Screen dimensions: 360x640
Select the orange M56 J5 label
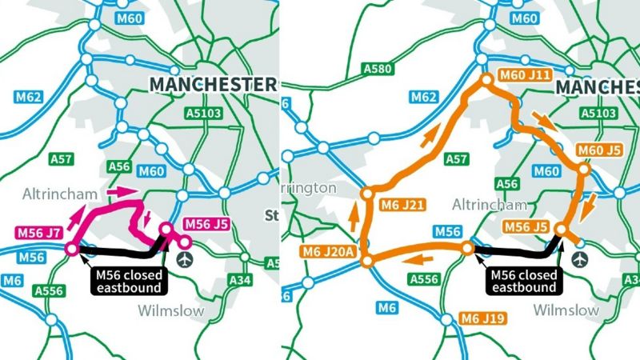click(x=526, y=227)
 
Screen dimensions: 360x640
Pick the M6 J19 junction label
click(x=482, y=319)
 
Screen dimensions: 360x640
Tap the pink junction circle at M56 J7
click(x=70, y=250)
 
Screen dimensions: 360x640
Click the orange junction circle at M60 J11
click(x=486, y=79)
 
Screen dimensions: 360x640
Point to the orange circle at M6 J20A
click(x=366, y=261)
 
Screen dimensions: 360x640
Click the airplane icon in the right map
click(x=580, y=260)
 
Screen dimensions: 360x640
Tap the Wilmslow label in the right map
click(x=566, y=310)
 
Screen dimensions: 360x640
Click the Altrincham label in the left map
click(x=58, y=194)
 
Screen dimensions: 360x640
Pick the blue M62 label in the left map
click(x=27, y=98)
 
